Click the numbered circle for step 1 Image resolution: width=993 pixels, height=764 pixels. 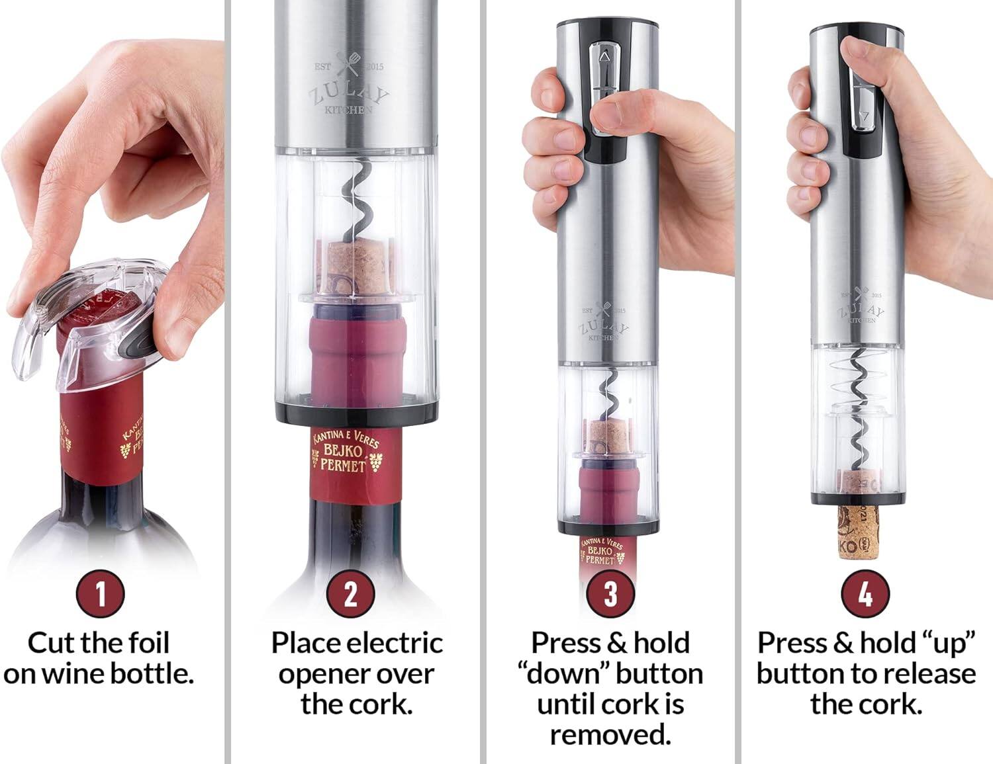101,593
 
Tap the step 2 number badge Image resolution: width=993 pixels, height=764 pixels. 350,593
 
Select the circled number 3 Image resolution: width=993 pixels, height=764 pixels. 610,593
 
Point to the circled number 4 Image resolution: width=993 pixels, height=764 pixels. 865,593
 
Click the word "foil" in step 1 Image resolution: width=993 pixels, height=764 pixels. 148,643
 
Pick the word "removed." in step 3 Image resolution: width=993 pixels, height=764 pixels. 610,734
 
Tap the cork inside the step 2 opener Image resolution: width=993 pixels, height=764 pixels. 357,268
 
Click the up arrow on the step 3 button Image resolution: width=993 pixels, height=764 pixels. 604,59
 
